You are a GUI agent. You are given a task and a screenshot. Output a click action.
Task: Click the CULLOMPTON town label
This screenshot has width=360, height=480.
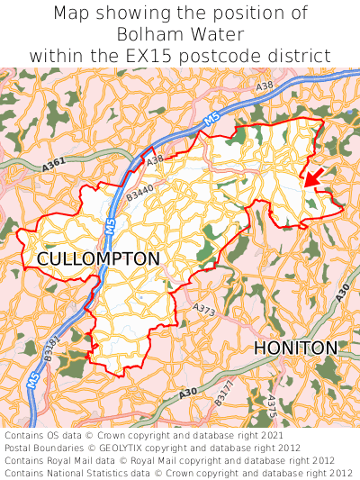pyautogui.click(x=98, y=259)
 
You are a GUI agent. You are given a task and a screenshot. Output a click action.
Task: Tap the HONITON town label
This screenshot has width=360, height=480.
pyautogui.click(x=295, y=348)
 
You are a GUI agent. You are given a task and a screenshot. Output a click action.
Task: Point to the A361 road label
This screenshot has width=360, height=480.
pyautogui.click(x=55, y=166)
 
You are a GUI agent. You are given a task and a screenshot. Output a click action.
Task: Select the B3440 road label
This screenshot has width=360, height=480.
pyautogui.click(x=139, y=193)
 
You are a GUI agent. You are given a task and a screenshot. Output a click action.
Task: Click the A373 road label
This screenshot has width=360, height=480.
pyautogui.click(x=205, y=309)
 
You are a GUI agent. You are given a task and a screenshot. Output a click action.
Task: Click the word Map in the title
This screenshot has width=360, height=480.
pyautogui.click(x=72, y=14)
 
